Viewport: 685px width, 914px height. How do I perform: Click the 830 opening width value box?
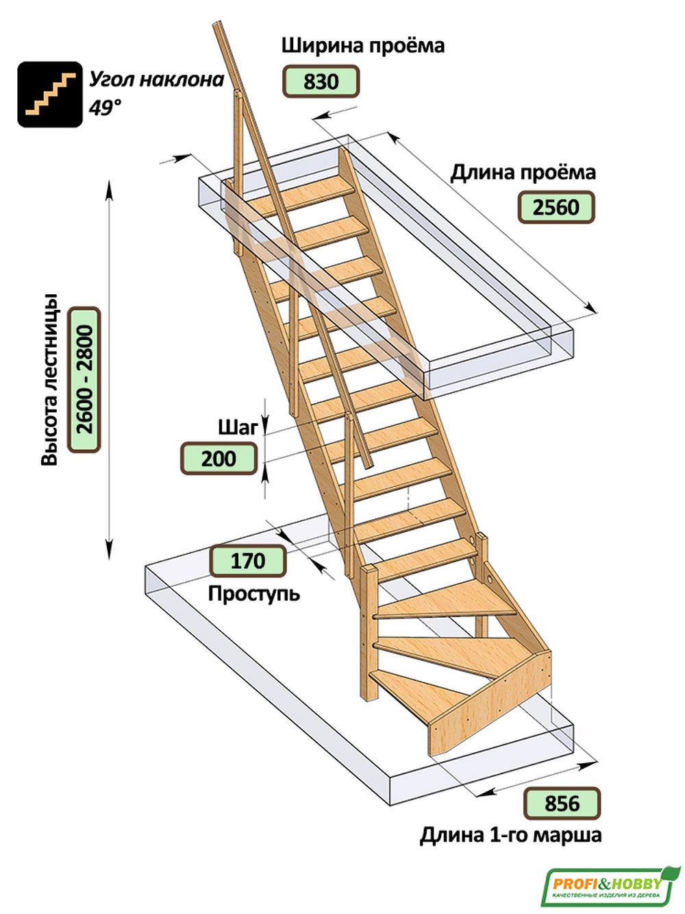pyautogui.click(x=321, y=81)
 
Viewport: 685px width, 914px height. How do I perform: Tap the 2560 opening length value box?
pyautogui.click(x=556, y=207)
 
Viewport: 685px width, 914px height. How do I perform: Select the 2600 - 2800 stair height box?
pyautogui.click(x=84, y=380)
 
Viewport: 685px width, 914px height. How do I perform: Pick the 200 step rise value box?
pyautogui.click(x=219, y=459)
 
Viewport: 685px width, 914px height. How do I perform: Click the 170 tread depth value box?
pyautogui.click(x=248, y=560)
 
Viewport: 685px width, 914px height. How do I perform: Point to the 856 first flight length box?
pyautogui.click(x=562, y=804)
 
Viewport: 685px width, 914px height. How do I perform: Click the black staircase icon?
pyautogui.click(x=50, y=94)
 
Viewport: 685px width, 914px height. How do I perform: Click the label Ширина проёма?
pyautogui.click(x=363, y=46)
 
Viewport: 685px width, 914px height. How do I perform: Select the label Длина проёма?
pyautogui.click(x=523, y=172)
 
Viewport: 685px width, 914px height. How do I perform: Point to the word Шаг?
pyautogui.click(x=238, y=428)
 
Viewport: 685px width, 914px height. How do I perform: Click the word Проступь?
pyautogui.click(x=253, y=594)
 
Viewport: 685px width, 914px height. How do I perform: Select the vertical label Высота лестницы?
pyautogui.click(x=49, y=380)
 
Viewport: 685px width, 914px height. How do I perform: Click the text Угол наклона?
pyautogui.click(x=157, y=80)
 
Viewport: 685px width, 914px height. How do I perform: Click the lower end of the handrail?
pyautogui.click(x=369, y=466)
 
